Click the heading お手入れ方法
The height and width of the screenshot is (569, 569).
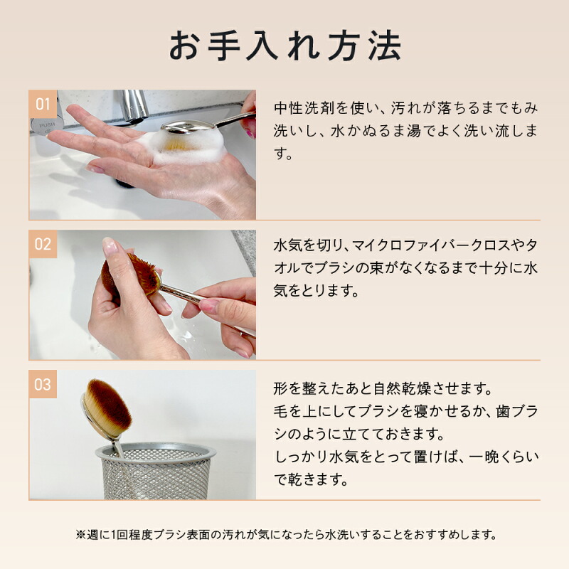pos(285,46)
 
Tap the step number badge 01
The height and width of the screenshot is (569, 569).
pos(43,104)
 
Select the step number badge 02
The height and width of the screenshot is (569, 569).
pos(43,244)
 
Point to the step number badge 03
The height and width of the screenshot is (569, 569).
pos(43,384)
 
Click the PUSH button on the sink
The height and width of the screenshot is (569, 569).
pos(46,126)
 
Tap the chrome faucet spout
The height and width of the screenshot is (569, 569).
pos(134,105)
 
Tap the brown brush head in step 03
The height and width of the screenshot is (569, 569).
pos(108,408)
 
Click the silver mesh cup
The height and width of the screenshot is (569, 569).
pos(156,471)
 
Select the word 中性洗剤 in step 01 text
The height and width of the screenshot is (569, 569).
pos(304,108)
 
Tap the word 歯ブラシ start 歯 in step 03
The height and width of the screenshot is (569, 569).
pos(503,412)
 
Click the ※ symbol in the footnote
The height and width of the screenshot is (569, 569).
pos(80,535)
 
